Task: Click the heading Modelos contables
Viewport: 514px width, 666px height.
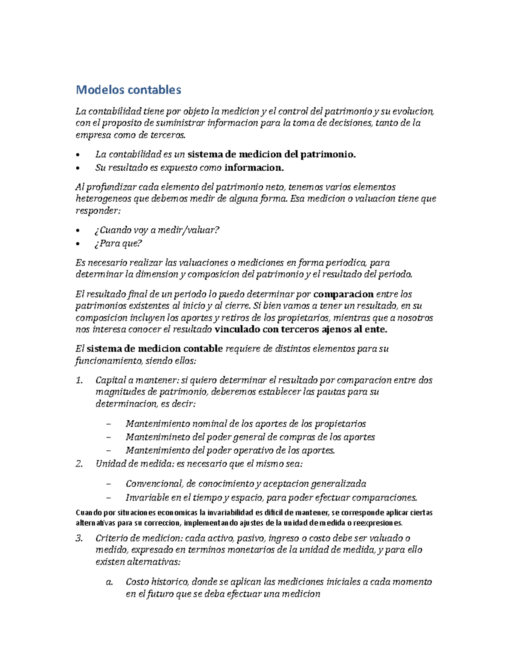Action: [128, 90]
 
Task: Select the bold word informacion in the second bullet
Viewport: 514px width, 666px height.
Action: [254, 168]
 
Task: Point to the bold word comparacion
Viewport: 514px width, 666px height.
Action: [344, 294]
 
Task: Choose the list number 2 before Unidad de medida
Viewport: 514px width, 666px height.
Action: [79, 464]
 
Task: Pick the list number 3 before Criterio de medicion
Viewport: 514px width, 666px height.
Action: [79, 538]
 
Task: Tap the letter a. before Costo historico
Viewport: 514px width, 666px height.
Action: [109, 582]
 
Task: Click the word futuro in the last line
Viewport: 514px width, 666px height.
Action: [160, 594]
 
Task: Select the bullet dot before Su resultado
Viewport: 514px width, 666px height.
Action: [78, 168]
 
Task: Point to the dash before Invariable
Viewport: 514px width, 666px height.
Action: [108, 498]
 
